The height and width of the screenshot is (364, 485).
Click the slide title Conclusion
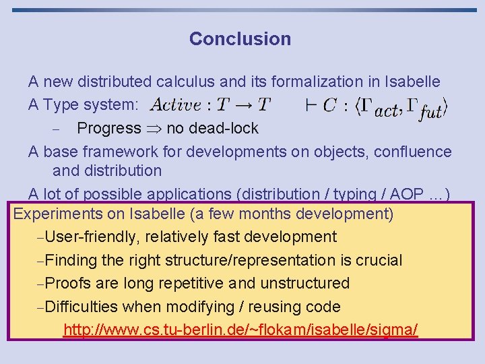[240, 39]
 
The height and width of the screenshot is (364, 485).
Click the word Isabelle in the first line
[412, 82]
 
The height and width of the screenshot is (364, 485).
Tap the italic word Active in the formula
[176, 105]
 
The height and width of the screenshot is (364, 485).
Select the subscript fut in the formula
[430, 113]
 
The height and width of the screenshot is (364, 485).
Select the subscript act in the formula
[386, 111]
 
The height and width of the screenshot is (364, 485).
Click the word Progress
[108, 128]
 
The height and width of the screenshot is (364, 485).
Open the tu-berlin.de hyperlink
[240, 330]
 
